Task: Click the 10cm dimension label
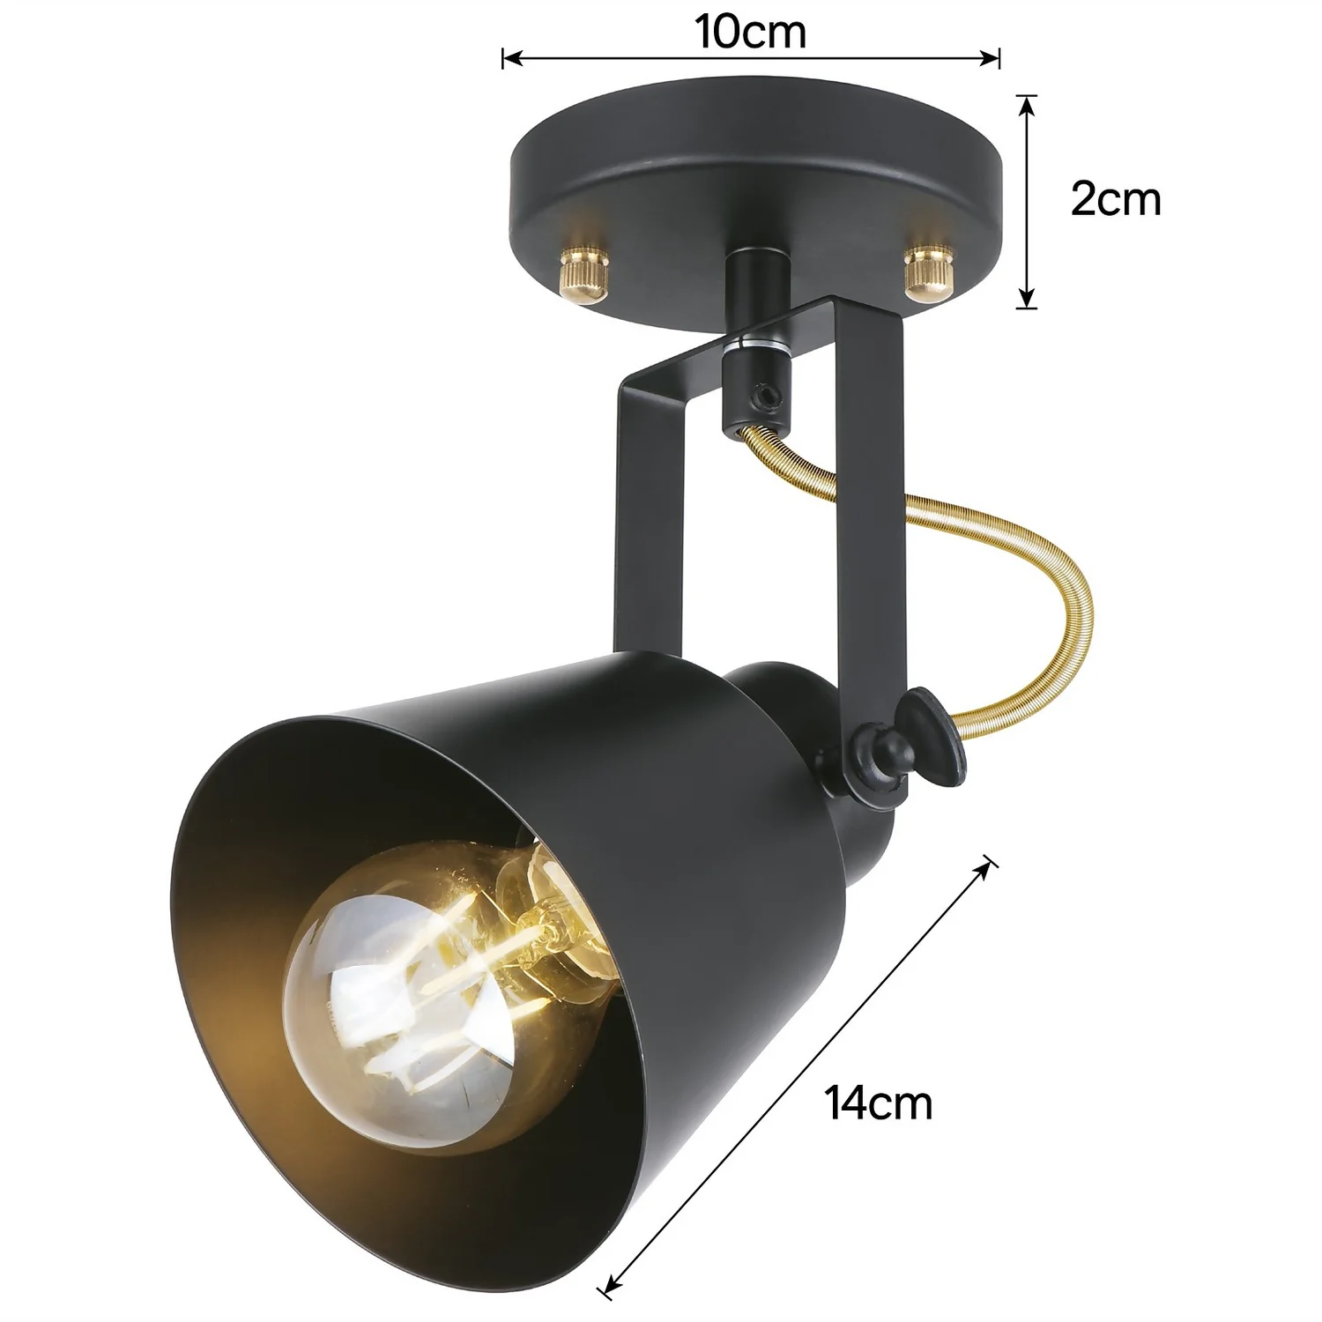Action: point(750,33)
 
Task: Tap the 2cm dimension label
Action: point(1115,200)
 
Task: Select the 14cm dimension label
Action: point(879,1103)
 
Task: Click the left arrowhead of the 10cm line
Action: point(508,59)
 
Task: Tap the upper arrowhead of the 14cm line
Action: point(989,867)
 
